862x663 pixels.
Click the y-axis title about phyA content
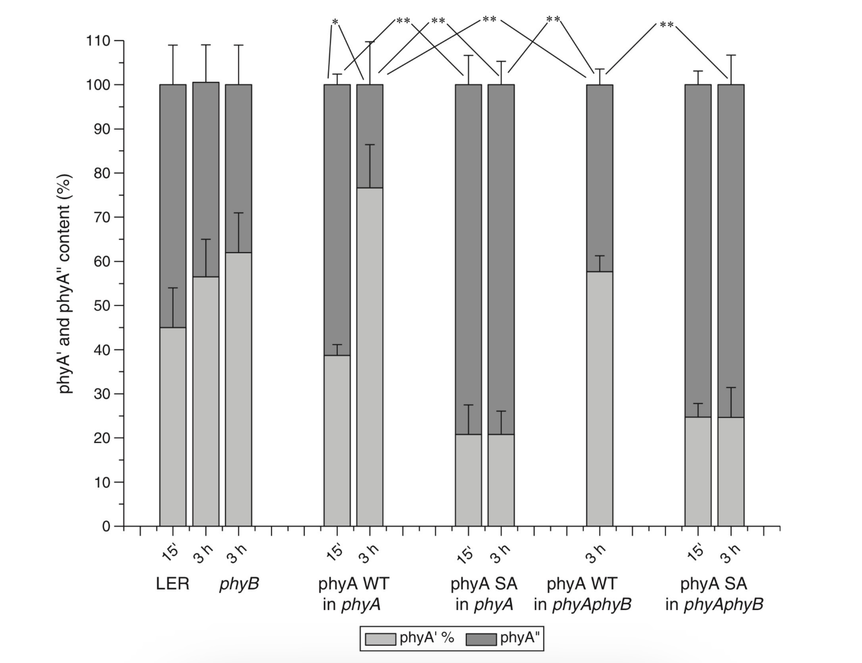click(x=66, y=284)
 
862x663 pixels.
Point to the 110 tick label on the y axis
click(x=97, y=41)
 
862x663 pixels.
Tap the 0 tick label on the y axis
click(x=106, y=526)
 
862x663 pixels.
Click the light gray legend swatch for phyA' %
click(x=380, y=639)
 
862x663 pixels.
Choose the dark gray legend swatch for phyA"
click(x=481, y=639)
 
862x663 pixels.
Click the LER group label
click(x=173, y=584)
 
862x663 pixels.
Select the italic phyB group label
click(x=239, y=584)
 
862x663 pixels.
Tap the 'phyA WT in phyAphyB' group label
click(x=582, y=594)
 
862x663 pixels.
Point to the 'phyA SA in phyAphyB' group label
click(x=714, y=594)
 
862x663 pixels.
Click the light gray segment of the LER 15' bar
click(x=173, y=426)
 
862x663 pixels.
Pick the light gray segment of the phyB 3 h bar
click(x=238, y=389)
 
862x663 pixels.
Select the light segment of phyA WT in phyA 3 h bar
click(x=370, y=357)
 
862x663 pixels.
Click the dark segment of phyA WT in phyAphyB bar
click(x=599, y=178)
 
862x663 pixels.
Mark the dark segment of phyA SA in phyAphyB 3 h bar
click(x=731, y=251)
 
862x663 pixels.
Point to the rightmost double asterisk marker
click(x=666, y=26)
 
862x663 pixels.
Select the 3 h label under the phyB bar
click(x=237, y=553)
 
